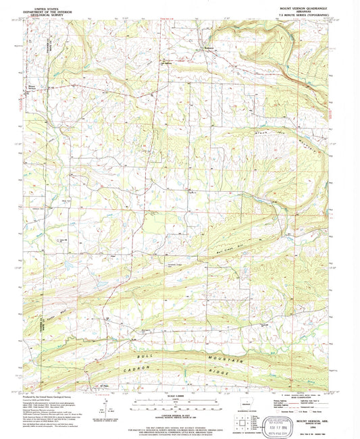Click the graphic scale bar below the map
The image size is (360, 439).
pos(178,403)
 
